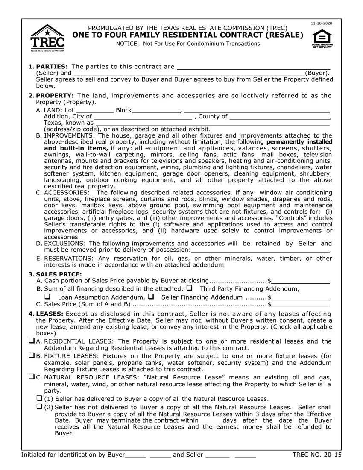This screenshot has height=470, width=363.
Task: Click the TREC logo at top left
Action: click(47, 38)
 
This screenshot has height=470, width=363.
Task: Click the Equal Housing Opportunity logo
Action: click(323, 38)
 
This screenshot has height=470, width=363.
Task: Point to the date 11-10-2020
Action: click(321, 22)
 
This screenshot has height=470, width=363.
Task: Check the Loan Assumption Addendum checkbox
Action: click(47, 296)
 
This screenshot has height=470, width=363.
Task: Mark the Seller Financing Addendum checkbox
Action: click(151, 296)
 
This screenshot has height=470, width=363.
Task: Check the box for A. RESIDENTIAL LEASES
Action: click(32, 341)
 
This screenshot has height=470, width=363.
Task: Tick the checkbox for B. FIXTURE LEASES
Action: click(32, 355)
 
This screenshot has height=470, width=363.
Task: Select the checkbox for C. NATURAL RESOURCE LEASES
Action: click(32, 377)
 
